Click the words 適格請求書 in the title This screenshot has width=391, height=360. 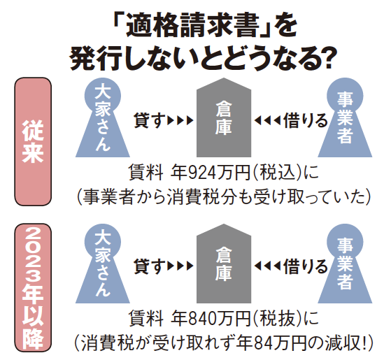192,27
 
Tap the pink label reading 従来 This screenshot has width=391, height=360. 33,141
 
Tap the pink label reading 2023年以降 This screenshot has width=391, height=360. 33,287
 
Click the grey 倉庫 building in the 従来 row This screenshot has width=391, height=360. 224,117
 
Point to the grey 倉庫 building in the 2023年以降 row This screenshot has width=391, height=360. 224,264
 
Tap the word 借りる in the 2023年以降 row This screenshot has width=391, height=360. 305,266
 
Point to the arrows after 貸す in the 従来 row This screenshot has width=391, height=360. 180,120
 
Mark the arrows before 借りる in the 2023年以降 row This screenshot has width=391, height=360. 268,266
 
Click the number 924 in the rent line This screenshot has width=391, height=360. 201,173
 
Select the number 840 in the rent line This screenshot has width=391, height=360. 201,319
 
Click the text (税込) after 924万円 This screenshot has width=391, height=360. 278,173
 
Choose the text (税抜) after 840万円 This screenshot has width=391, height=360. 278,319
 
